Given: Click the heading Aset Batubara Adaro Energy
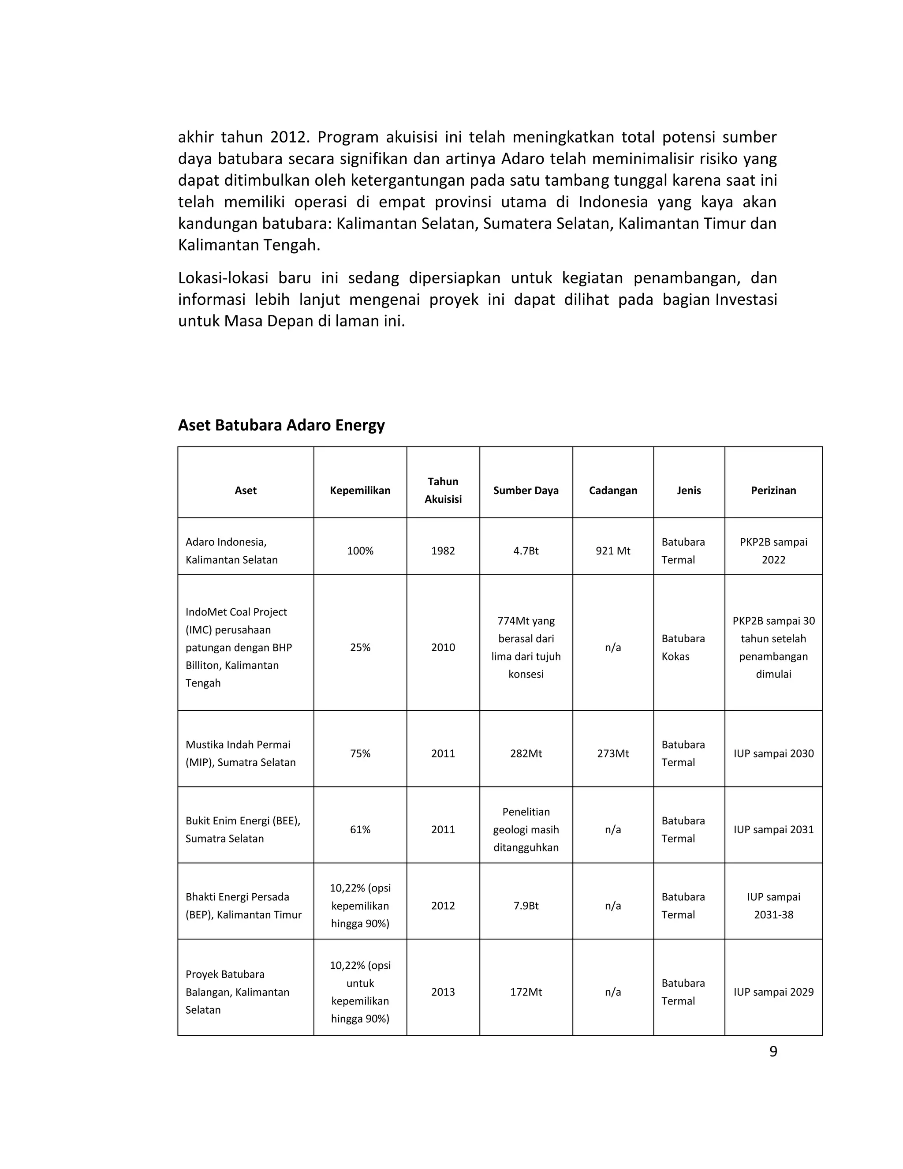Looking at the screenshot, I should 281,425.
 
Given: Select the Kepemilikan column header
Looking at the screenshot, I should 360,490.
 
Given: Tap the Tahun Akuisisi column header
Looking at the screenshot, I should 443,490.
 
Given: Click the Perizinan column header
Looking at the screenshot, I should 773,490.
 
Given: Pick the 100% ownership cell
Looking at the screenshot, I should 360,551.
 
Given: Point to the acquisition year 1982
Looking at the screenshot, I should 443,551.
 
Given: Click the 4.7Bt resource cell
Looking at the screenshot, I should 526,551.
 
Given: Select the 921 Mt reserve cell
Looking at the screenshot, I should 613,551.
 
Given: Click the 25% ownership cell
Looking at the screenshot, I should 360,647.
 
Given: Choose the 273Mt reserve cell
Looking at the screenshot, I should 613,753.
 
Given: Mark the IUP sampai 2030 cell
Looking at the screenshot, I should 773,753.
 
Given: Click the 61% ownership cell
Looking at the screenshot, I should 360,830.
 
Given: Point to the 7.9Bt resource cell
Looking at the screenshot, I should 526,906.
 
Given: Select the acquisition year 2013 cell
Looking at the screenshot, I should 443,992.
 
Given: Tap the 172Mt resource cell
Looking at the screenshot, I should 526,992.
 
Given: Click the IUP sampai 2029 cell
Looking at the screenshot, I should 773,992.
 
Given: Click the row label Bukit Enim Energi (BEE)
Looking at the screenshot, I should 243,821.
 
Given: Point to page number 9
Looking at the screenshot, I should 773,1052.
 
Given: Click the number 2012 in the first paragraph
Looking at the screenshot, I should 287,138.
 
